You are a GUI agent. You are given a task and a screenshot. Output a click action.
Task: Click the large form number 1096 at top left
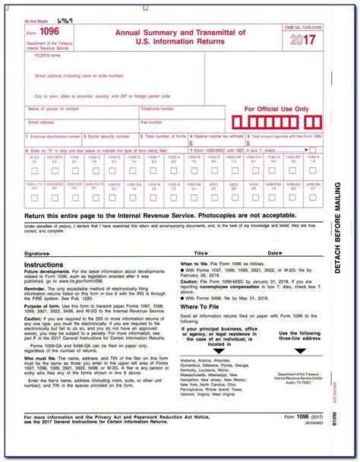point(49,30)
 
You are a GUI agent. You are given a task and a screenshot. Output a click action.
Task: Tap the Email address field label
point(42,122)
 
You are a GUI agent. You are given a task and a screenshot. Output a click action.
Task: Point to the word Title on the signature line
point(199,252)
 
